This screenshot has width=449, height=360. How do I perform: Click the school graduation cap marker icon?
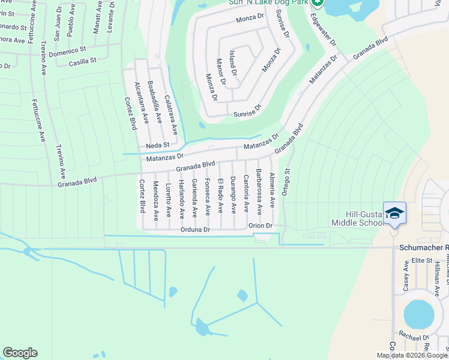pos(394,213)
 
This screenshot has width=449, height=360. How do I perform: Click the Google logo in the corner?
pos(20,353)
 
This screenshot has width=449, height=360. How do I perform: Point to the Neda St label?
pos(158,145)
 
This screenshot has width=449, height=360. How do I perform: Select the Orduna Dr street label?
pos(194,229)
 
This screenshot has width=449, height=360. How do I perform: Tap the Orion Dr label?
pos(261,226)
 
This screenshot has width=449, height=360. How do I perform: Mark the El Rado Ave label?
pos(220,193)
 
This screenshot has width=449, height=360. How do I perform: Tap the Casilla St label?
pos(83,62)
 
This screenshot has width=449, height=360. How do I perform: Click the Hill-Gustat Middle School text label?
pos(357,218)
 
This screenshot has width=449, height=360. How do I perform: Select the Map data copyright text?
pos(412,355)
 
